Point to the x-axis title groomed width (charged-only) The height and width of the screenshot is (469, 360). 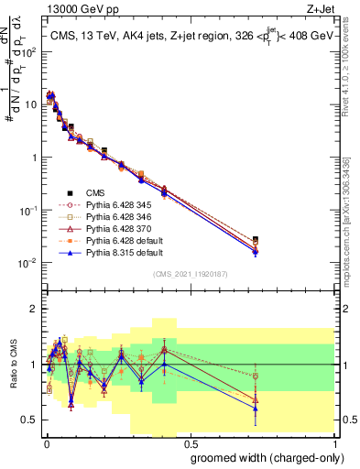point(262,456)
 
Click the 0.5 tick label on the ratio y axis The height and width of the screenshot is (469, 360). point(28,420)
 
